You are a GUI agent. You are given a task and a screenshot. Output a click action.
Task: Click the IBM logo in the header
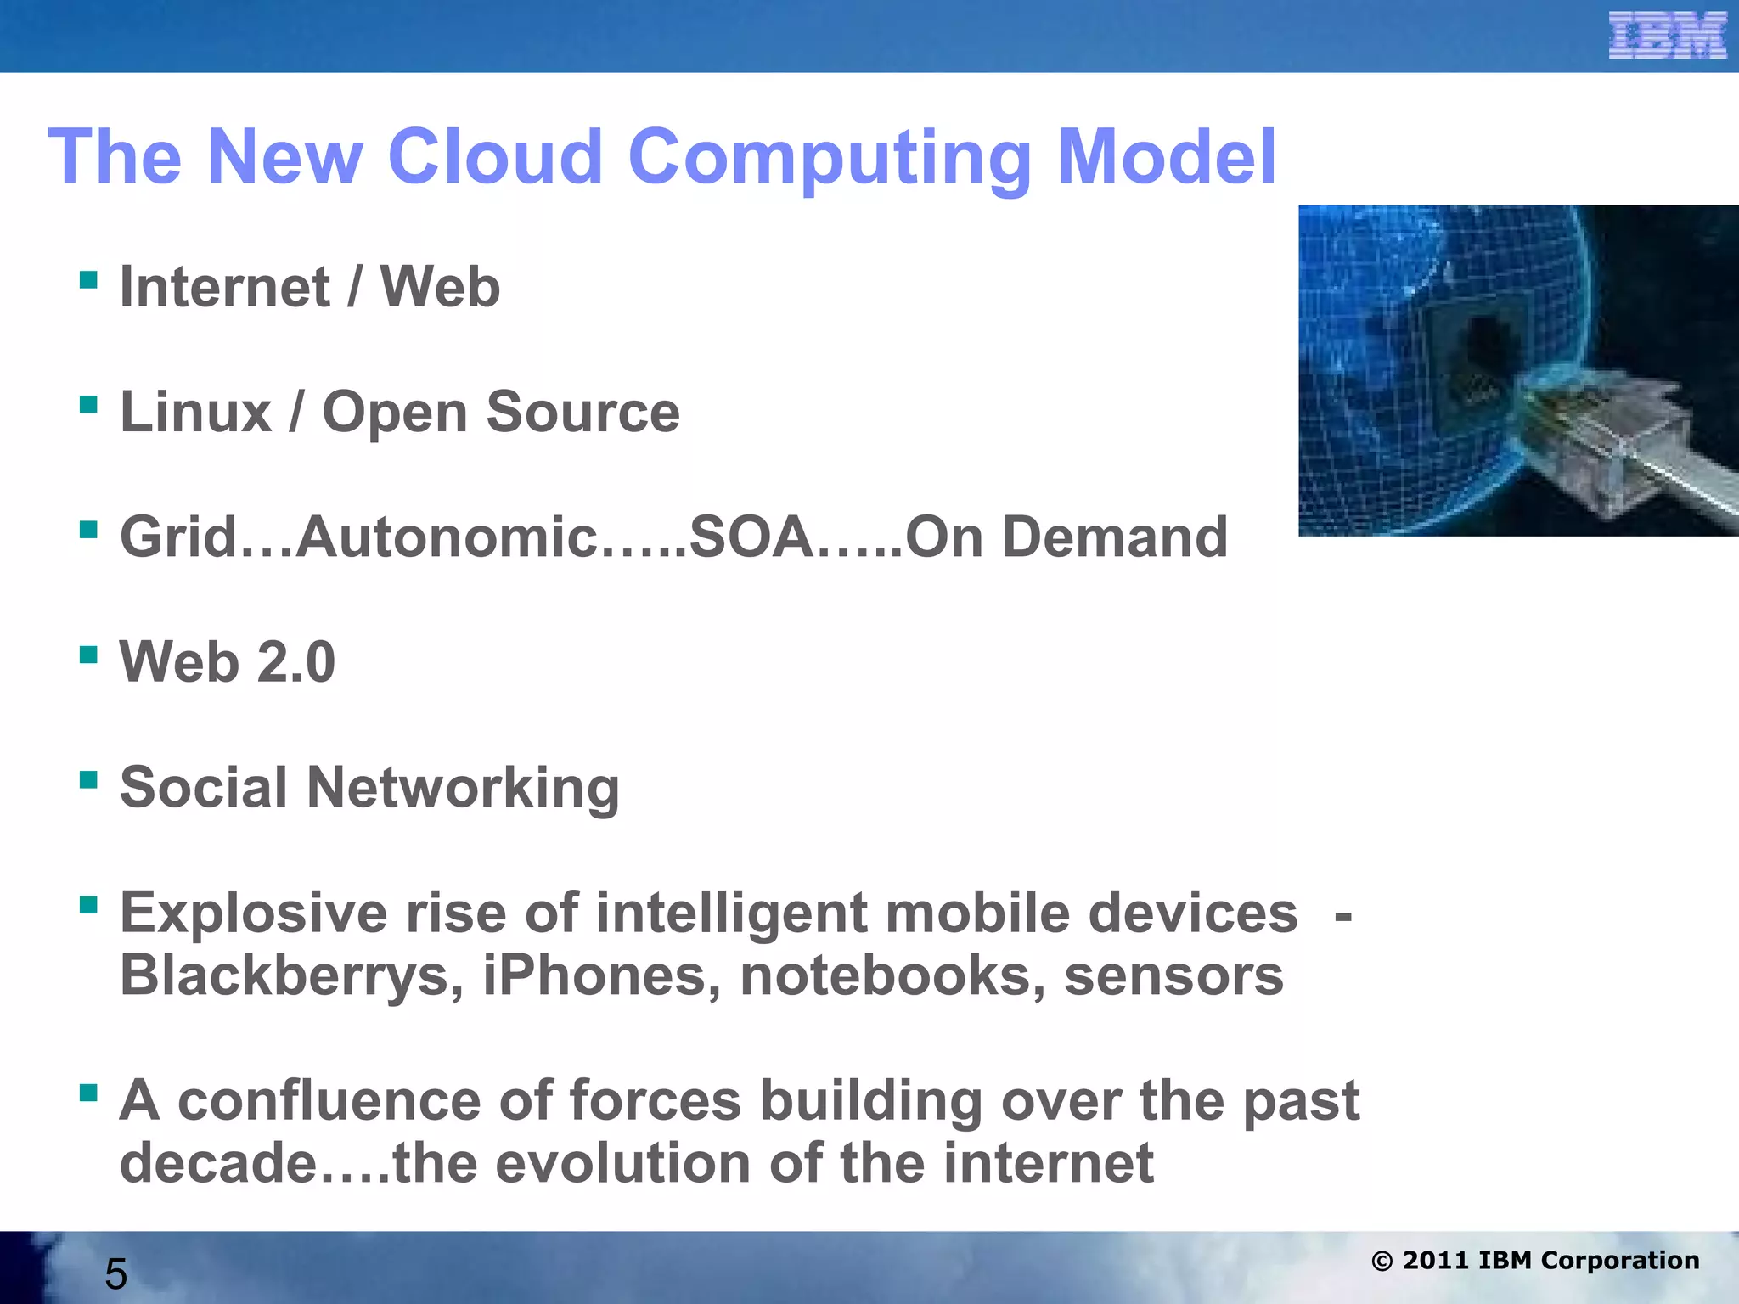(1667, 36)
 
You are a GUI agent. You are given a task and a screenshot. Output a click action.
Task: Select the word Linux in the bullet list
(196, 413)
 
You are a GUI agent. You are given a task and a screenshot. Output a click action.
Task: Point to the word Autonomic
(447, 537)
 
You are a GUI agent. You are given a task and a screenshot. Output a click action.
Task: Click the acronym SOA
(751, 537)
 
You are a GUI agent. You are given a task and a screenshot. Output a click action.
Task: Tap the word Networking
(463, 788)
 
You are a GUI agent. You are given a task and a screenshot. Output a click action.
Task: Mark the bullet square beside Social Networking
(88, 779)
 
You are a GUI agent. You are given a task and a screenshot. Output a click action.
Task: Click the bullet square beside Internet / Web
(88, 279)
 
